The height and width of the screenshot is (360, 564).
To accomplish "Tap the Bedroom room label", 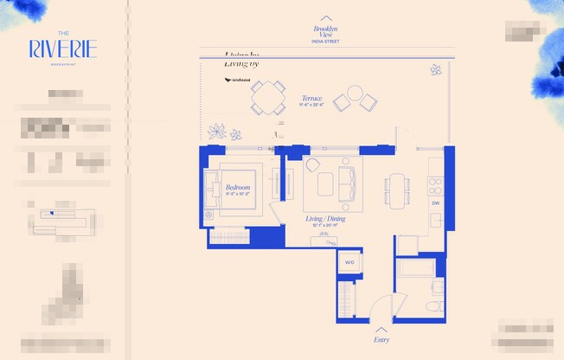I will (238, 188).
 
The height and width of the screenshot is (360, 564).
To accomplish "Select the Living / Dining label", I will (325, 219).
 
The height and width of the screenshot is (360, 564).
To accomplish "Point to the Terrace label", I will (311, 99).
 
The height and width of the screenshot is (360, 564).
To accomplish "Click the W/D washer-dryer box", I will (349, 261).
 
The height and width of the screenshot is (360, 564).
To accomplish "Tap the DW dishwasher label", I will (436, 203).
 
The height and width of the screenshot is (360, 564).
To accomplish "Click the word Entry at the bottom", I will (381, 340).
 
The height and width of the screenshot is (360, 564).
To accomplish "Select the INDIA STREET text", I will (326, 40).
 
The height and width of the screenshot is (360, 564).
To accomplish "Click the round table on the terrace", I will (355, 93).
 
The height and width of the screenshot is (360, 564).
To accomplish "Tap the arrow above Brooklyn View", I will (326, 17).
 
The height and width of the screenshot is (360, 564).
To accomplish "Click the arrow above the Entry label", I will (381, 329).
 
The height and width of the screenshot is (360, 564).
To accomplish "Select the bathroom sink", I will (438, 286).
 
